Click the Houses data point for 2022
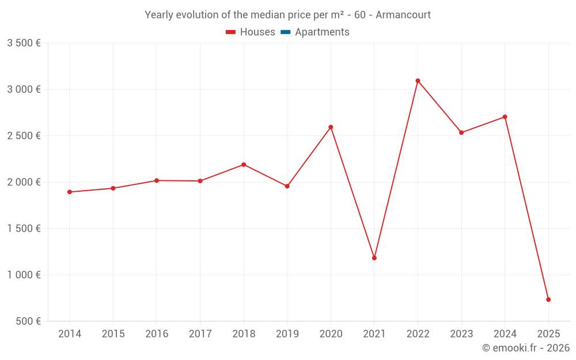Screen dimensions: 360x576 pos(418,81)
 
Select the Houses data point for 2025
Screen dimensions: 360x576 pos(548,300)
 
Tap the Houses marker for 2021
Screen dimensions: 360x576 pos(374,258)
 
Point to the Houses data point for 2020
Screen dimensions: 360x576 pos(331,127)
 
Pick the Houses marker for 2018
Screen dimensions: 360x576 pos(244,165)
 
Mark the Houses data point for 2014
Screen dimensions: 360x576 pos(70,192)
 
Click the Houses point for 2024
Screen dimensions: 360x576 pos(505,117)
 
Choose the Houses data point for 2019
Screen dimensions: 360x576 pos(287,186)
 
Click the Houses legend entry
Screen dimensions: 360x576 pos(251,32)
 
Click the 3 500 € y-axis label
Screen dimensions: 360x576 pos(24,43)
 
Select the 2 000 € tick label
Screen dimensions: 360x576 pos(24,182)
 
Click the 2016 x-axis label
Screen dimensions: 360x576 pos(157,334)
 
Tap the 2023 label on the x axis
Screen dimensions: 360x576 pos(461,334)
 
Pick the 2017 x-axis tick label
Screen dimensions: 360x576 pos(200,334)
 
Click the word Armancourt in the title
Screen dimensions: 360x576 pos(403,15)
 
